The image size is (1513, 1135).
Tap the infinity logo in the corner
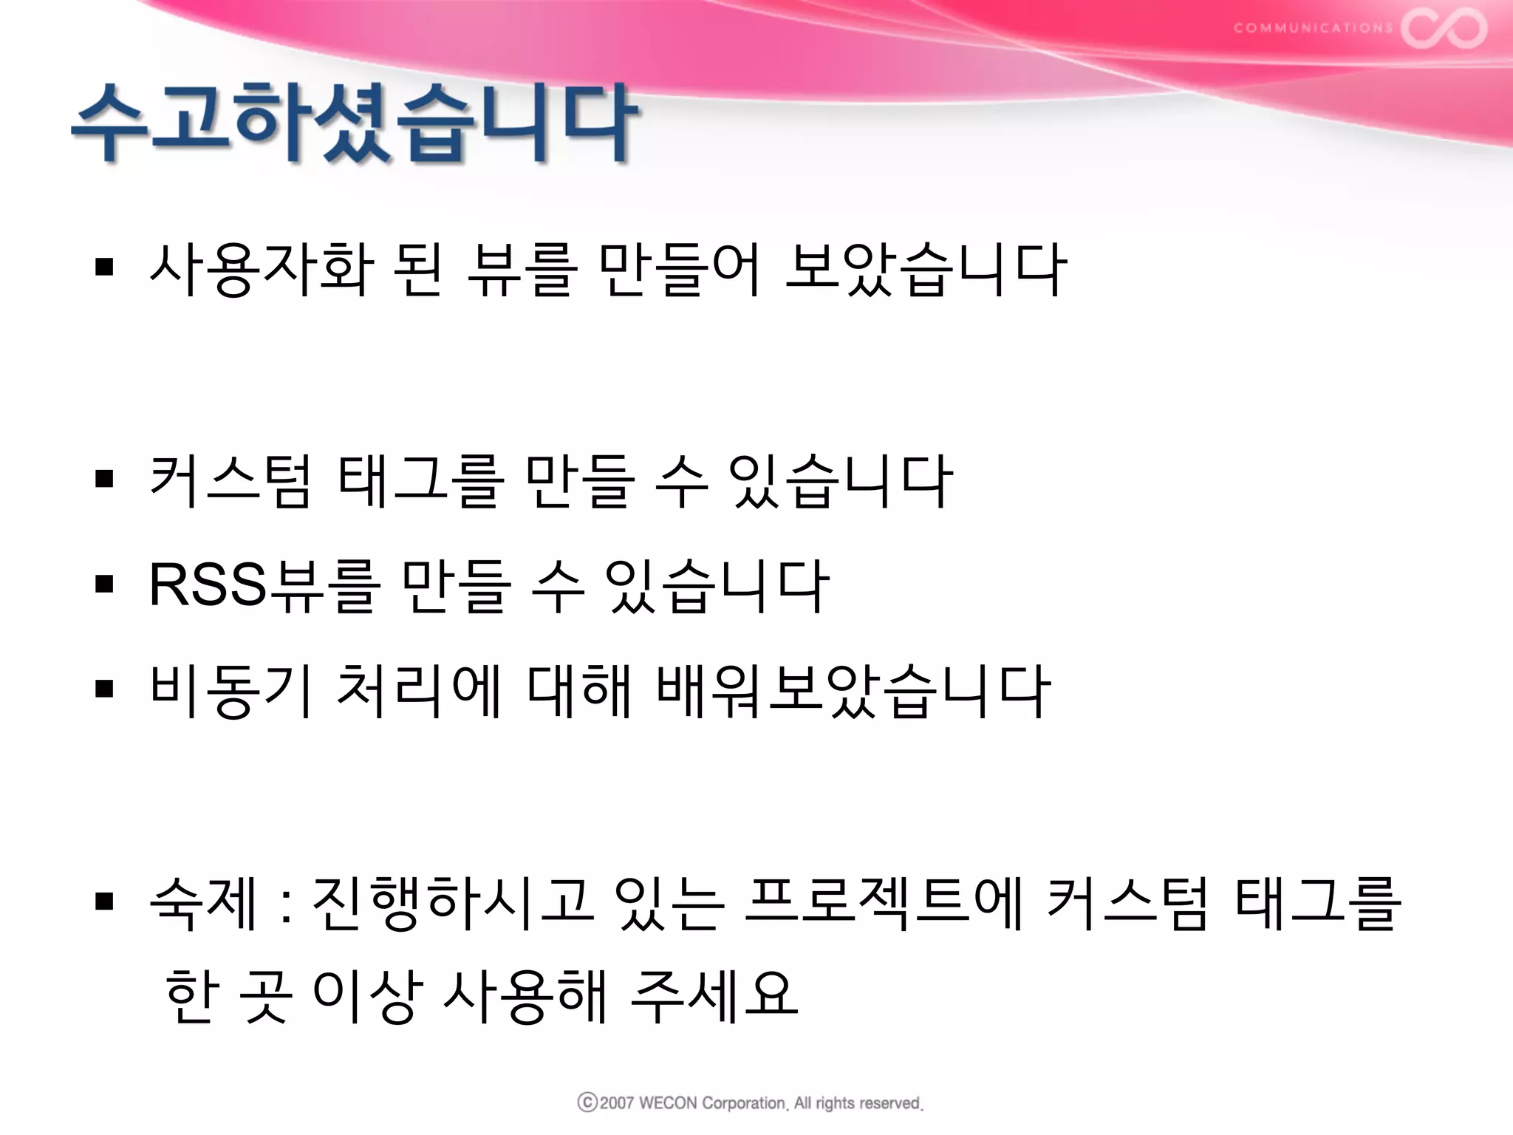pyautogui.click(x=1444, y=28)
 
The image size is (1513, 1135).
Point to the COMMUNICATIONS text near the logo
pyautogui.click(x=1313, y=28)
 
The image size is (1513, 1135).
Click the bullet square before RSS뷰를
pyautogui.click(x=104, y=584)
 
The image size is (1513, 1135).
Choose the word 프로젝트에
pyautogui.click(x=884, y=902)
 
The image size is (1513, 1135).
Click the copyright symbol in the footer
pyautogui.click(x=587, y=1102)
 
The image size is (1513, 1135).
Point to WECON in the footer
pyautogui.click(x=667, y=1103)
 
